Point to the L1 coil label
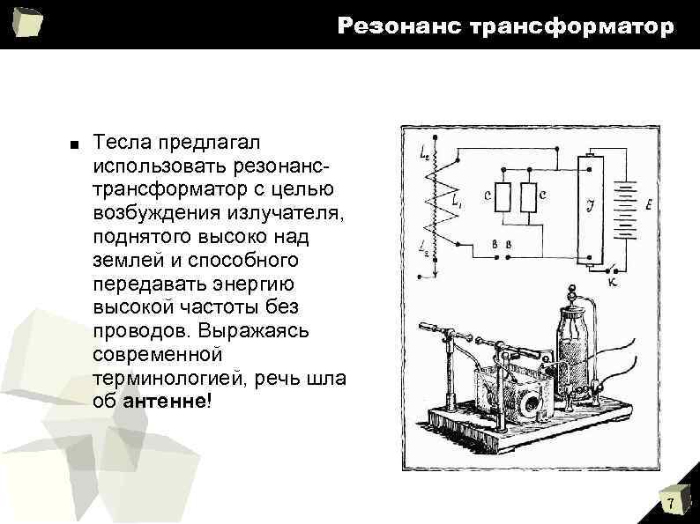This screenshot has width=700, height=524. point(456,202)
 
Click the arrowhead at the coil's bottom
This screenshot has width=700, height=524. point(430,275)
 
